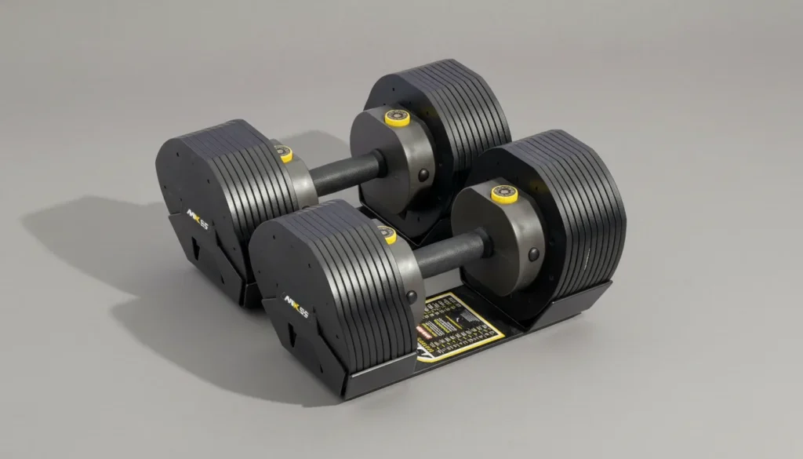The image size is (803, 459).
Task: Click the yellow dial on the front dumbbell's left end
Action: coord(387,234)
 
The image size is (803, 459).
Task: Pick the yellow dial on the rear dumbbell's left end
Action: coord(285,154)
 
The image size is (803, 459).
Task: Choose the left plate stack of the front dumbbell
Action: coord(329,282)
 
